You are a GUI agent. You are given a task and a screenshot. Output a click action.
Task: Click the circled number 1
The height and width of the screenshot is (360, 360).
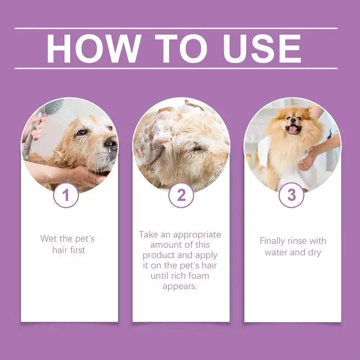click(66, 195)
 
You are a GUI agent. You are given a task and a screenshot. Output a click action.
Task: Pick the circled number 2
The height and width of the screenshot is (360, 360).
click(181, 195)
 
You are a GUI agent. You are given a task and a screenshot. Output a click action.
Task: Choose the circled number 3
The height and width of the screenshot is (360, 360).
click(292, 195)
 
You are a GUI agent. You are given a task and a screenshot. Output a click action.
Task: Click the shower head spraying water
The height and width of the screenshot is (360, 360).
click(53, 108)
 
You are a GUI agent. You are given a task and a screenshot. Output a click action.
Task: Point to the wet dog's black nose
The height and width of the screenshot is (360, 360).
click(111, 144)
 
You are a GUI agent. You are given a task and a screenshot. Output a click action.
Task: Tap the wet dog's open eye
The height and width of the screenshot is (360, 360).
click(81, 132)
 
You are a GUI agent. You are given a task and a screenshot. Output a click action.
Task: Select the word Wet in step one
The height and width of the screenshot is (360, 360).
click(49, 238)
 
